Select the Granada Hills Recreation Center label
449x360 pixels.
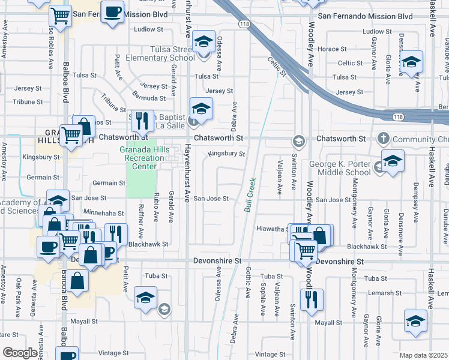click(142, 158)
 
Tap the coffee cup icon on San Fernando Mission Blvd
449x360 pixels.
click(112, 13)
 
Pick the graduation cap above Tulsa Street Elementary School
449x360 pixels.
click(204, 41)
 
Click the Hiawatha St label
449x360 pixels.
click(270, 229)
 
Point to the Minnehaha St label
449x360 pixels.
click(104, 213)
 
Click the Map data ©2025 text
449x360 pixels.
click(423, 355)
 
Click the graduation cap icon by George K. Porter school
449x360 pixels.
click(393, 161)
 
